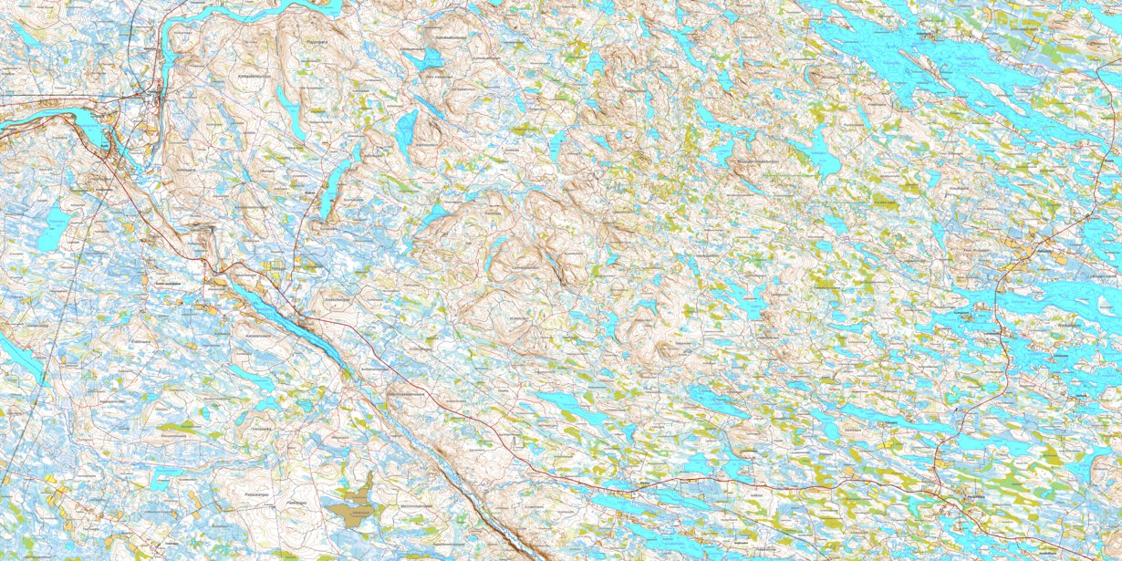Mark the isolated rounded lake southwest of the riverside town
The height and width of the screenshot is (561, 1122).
(54, 223)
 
